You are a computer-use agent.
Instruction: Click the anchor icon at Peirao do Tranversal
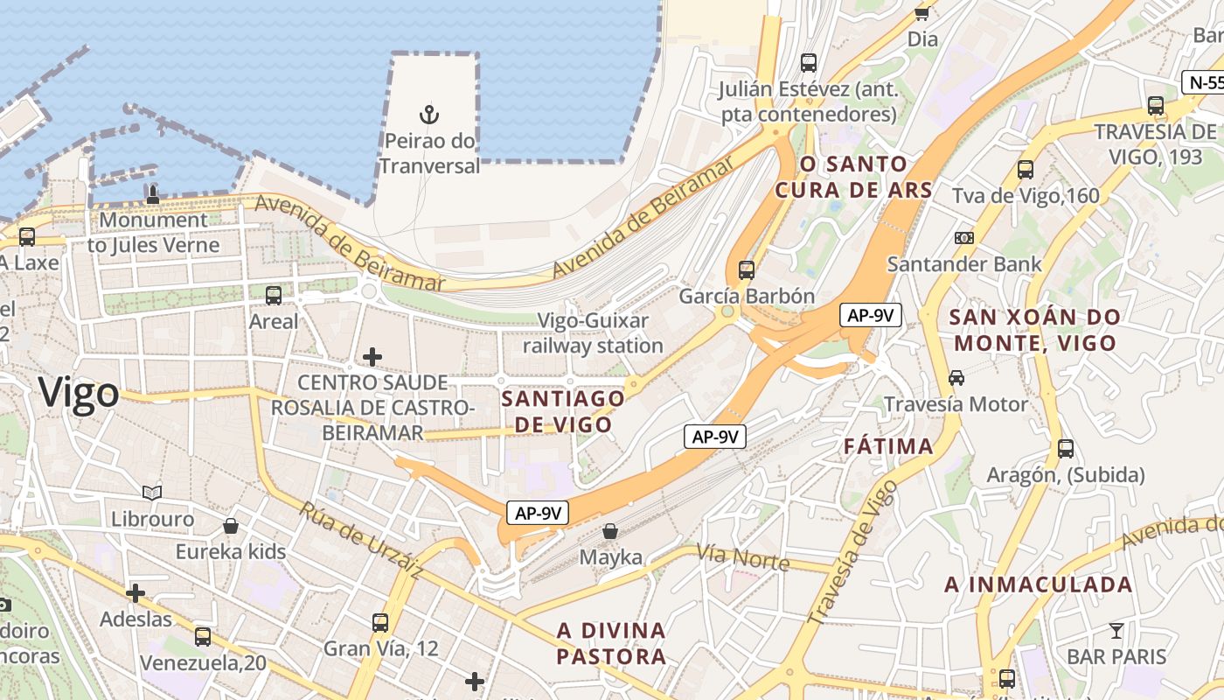[x=428, y=115]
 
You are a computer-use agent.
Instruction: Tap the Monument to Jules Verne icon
[x=153, y=194]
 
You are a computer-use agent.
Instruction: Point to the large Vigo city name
[x=79, y=393]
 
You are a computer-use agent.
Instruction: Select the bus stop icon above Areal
[x=274, y=296]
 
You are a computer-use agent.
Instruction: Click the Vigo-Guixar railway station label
[x=593, y=333]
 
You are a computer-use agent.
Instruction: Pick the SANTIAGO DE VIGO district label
[x=563, y=411]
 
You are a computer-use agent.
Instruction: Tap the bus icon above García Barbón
[x=746, y=270]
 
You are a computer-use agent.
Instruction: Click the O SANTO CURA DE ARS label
[x=853, y=177]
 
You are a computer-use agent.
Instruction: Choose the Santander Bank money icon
[x=964, y=238]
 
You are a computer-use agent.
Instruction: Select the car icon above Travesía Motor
[x=956, y=378]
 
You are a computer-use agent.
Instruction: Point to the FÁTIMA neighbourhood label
[x=888, y=446]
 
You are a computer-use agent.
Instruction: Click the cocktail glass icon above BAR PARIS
[x=1116, y=630]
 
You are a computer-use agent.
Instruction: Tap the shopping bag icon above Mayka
[x=610, y=531]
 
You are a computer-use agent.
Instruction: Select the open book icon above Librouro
[x=152, y=493]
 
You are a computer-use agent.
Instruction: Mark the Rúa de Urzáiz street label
[x=361, y=540]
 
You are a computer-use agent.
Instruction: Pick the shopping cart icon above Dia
[x=921, y=12]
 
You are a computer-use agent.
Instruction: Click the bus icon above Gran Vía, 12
[x=379, y=623]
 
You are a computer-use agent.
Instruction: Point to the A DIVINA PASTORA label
[x=611, y=643]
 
